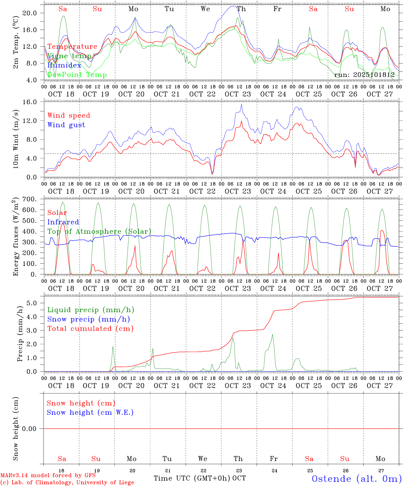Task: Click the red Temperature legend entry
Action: click(x=72, y=47)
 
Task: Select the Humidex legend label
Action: click(x=64, y=65)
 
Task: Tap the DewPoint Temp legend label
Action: click(x=77, y=75)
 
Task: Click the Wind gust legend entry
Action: click(x=66, y=125)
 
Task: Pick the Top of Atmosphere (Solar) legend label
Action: click(x=99, y=232)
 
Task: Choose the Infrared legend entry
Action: click(x=63, y=222)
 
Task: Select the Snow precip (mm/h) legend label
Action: click(x=88, y=319)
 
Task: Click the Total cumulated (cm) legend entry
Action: click(x=90, y=328)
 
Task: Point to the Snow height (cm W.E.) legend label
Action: click(x=90, y=412)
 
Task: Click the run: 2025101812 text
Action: click(x=364, y=75)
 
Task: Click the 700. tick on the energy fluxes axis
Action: click(x=29, y=199)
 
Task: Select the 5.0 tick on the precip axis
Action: click(x=31, y=303)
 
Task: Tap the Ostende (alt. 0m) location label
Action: click(x=357, y=479)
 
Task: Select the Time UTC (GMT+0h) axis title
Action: click(x=192, y=478)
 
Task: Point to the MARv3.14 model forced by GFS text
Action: click(x=48, y=476)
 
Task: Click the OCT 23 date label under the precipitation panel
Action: click(x=238, y=385)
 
